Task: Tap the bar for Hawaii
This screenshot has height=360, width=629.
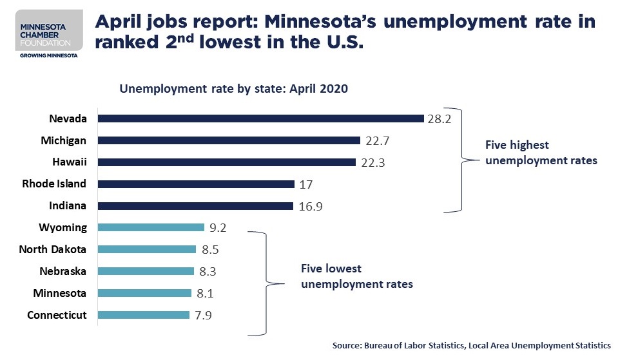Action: (x=226, y=162)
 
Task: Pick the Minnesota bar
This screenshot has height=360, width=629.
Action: (x=144, y=293)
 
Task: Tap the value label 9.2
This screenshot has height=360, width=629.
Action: (x=217, y=227)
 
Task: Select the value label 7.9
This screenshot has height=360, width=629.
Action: (x=204, y=315)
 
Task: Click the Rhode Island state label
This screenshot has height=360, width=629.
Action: (x=54, y=184)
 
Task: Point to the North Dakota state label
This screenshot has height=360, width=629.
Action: (x=53, y=249)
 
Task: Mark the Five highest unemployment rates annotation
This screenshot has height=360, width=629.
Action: (x=540, y=153)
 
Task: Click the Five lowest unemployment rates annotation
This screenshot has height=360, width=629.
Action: (x=356, y=276)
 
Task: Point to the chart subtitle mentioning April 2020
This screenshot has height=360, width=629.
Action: (x=233, y=90)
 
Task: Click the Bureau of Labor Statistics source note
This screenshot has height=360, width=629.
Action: (x=471, y=346)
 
